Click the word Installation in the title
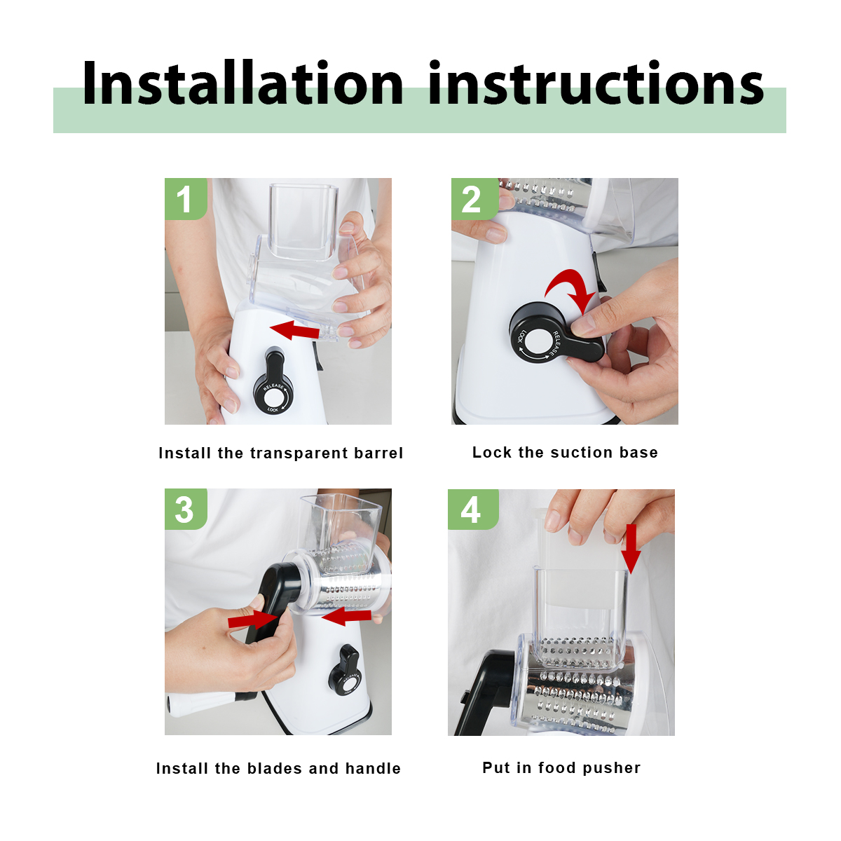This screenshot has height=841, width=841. (242, 83)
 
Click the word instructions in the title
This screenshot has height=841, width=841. (596, 83)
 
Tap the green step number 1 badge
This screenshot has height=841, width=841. (186, 198)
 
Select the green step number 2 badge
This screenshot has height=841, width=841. (474, 198)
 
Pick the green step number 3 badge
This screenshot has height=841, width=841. (186, 509)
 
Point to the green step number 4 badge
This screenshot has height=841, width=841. (473, 510)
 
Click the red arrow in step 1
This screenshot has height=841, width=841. (295, 329)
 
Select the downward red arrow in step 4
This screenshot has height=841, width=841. (631, 548)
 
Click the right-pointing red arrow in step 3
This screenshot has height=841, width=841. (253, 619)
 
